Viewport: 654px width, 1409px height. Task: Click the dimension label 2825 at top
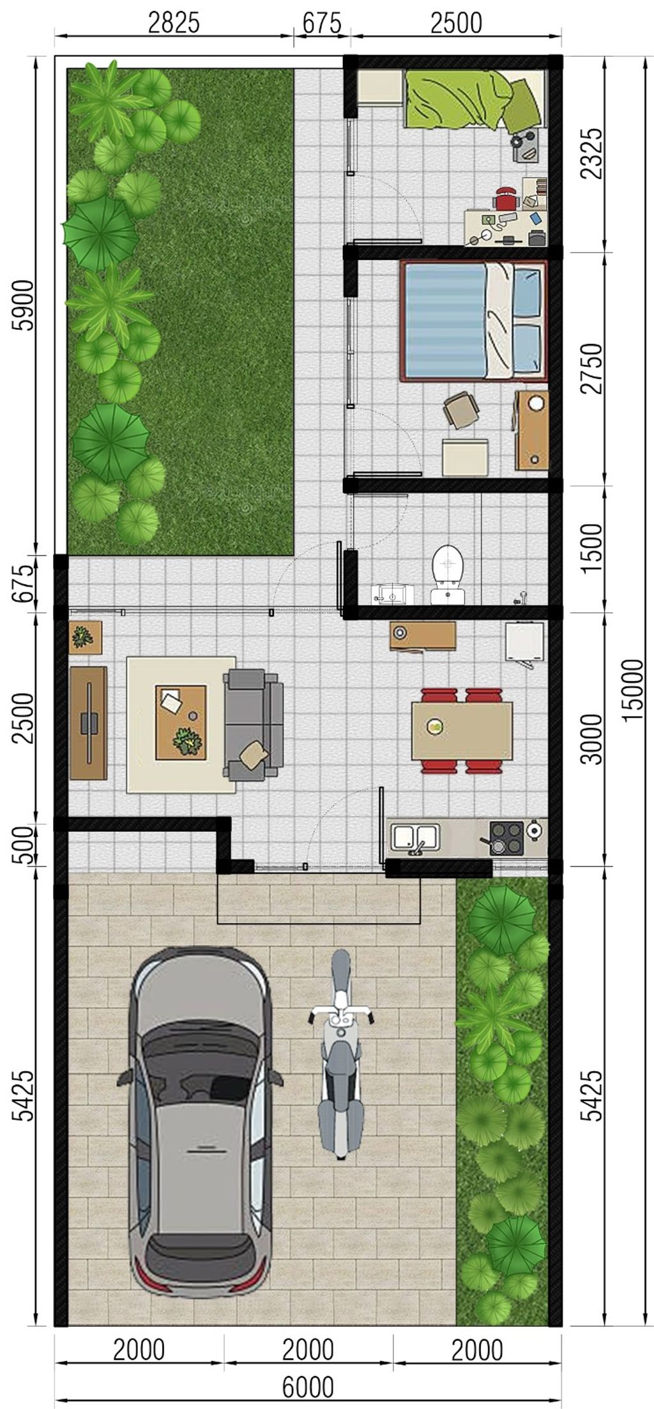(x=174, y=23)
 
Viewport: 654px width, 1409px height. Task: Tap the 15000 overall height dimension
(x=632, y=690)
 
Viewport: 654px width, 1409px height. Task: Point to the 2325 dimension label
(x=593, y=154)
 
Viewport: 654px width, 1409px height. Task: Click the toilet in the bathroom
(x=448, y=573)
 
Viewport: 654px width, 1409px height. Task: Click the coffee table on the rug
(x=181, y=722)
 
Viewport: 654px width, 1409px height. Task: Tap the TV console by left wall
(x=88, y=723)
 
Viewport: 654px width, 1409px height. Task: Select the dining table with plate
(x=462, y=730)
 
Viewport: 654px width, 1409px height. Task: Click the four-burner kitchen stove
(x=506, y=838)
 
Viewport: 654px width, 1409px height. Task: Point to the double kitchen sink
(x=415, y=836)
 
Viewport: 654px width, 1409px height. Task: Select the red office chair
(x=505, y=198)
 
